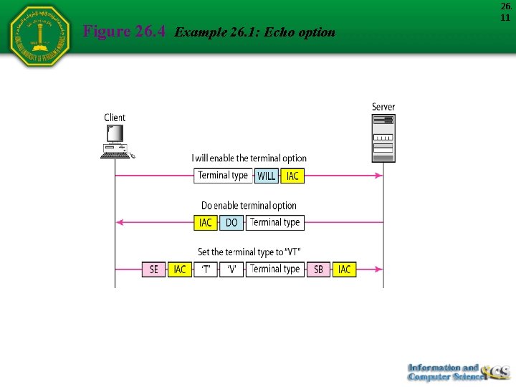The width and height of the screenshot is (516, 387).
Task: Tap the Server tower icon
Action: click(383, 138)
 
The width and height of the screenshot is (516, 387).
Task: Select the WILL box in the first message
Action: click(267, 176)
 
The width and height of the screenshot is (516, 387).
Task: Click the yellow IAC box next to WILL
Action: click(293, 176)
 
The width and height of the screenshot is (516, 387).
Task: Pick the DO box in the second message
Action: click(231, 223)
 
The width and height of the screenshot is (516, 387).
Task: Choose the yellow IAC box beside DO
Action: click(206, 223)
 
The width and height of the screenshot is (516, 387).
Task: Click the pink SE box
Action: click(153, 269)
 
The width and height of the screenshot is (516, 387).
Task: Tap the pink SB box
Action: click(318, 269)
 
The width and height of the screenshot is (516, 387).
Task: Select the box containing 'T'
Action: click(206, 269)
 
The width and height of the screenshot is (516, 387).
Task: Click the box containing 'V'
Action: click(231, 269)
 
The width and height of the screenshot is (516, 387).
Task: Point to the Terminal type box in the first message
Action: click(223, 176)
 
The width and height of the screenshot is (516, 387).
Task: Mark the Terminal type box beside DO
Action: click(275, 223)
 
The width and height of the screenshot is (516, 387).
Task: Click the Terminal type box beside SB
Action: click(275, 269)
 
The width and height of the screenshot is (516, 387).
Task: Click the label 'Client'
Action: click(115, 118)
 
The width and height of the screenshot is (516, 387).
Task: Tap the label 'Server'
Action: click(383, 107)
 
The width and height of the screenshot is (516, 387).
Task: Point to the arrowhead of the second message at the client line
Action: click(120, 223)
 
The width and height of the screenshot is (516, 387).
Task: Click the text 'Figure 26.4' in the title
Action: click(125, 32)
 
